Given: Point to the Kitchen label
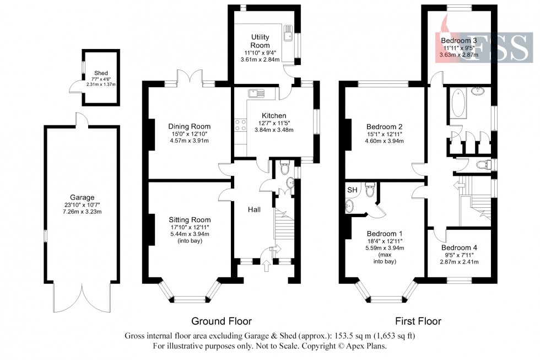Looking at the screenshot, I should coord(274,115).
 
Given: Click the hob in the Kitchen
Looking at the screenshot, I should coord(240,124).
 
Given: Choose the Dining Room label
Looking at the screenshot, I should coord(189,126).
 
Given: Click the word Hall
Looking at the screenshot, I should coord(254,209).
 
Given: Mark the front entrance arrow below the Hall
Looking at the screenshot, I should coord(268,267).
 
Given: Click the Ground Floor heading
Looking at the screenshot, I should coord(221,321).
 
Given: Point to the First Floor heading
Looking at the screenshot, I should coord(418,321).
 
